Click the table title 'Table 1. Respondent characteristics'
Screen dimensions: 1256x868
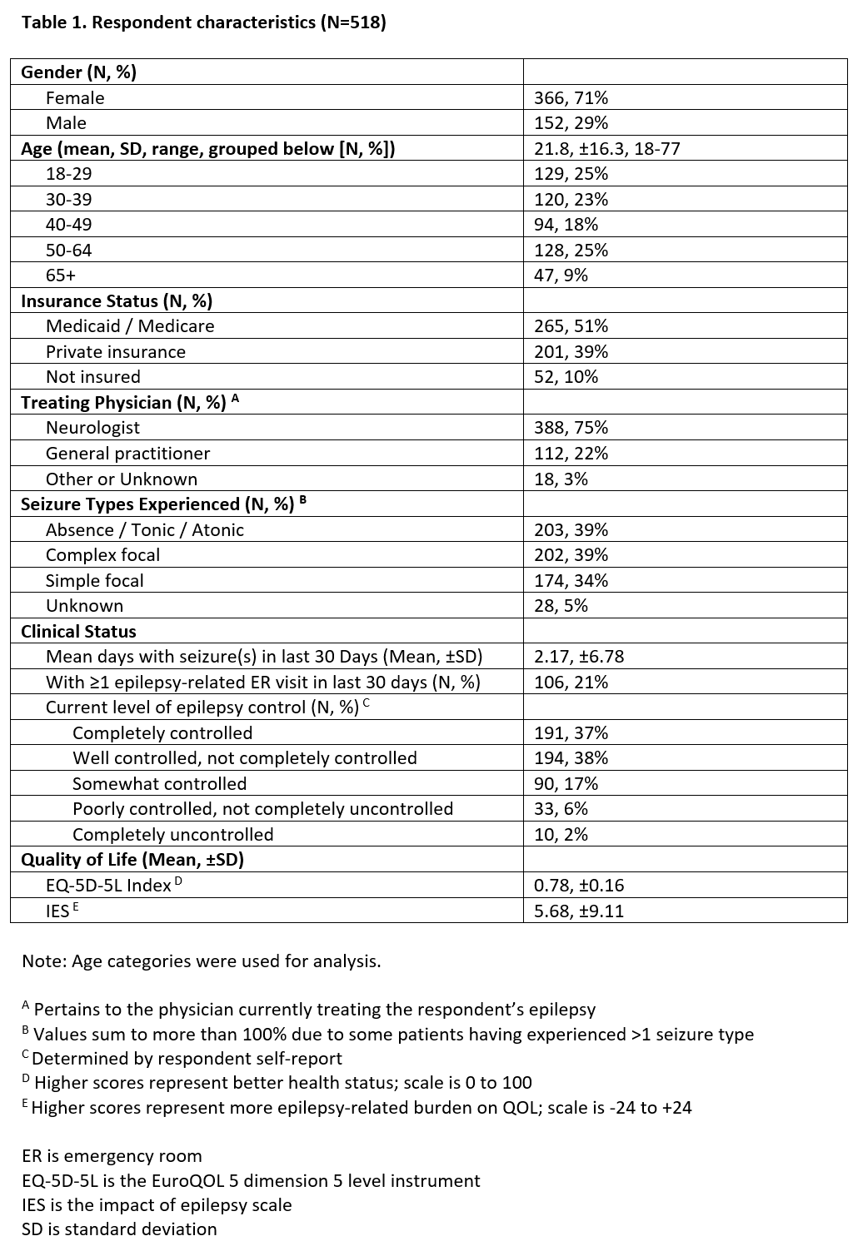(x=203, y=22)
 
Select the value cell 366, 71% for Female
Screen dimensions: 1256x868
(x=571, y=98)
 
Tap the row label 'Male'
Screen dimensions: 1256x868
(x=66, y=123)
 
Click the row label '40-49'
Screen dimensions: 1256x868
(x=68, y=225)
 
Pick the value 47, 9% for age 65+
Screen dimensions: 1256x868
(x=561, y=276)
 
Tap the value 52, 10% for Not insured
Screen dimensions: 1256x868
(x=566, y=377)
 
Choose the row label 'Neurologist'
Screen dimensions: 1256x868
(x=92, y=428)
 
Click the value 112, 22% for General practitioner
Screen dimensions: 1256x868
(x=571, y=454)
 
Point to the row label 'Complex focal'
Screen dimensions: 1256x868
(x=102, y=555)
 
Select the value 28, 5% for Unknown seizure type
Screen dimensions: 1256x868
(x=561, y=606)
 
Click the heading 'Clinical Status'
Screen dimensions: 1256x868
(x=78, y=632)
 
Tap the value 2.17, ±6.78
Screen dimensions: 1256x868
(x=579, y=657)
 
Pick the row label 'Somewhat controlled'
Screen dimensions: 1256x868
(x=159, y=784)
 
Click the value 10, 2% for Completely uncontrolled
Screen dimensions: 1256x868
(x=561, y=835)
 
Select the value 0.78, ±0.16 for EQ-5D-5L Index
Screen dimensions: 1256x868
(x=579, y=886)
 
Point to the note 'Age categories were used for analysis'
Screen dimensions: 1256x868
(x=201, y=961)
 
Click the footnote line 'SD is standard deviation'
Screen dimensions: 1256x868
(x=119, y=1229)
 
